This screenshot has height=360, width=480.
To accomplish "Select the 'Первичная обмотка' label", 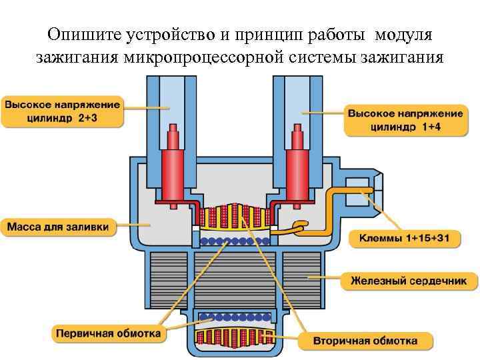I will pos(109,332).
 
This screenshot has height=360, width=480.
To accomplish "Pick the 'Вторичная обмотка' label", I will pos(366,341).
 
